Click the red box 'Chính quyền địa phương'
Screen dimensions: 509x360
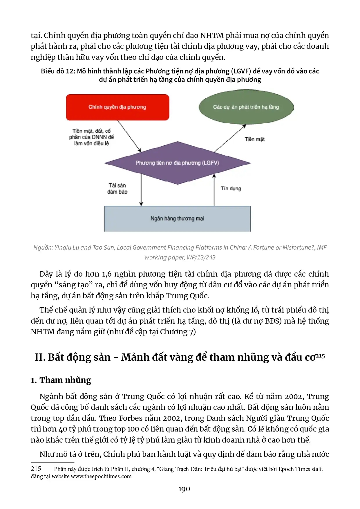tap(117, 107)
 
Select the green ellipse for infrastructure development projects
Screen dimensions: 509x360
tap(246, 107)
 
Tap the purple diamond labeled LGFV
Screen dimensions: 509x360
tap(177, 163)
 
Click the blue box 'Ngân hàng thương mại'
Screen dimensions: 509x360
tap(177, 219)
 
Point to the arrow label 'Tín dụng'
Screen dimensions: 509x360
tap(231, 188)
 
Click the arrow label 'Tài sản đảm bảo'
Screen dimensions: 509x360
tap(117, 188)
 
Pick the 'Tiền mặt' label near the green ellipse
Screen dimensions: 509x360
tap(254, 139)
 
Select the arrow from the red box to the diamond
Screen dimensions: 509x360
tap(129, 136)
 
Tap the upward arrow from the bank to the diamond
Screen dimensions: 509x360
tap(214, 190)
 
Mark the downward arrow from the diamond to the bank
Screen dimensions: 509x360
tap(141, 190)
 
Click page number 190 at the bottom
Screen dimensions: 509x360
tap(184, 489)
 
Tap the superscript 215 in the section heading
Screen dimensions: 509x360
tap(320, 356)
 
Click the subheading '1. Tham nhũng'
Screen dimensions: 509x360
tap(61, 380)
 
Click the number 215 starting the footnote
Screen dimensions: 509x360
tap(36, 469)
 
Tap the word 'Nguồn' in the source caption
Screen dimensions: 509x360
tap(43, 248)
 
